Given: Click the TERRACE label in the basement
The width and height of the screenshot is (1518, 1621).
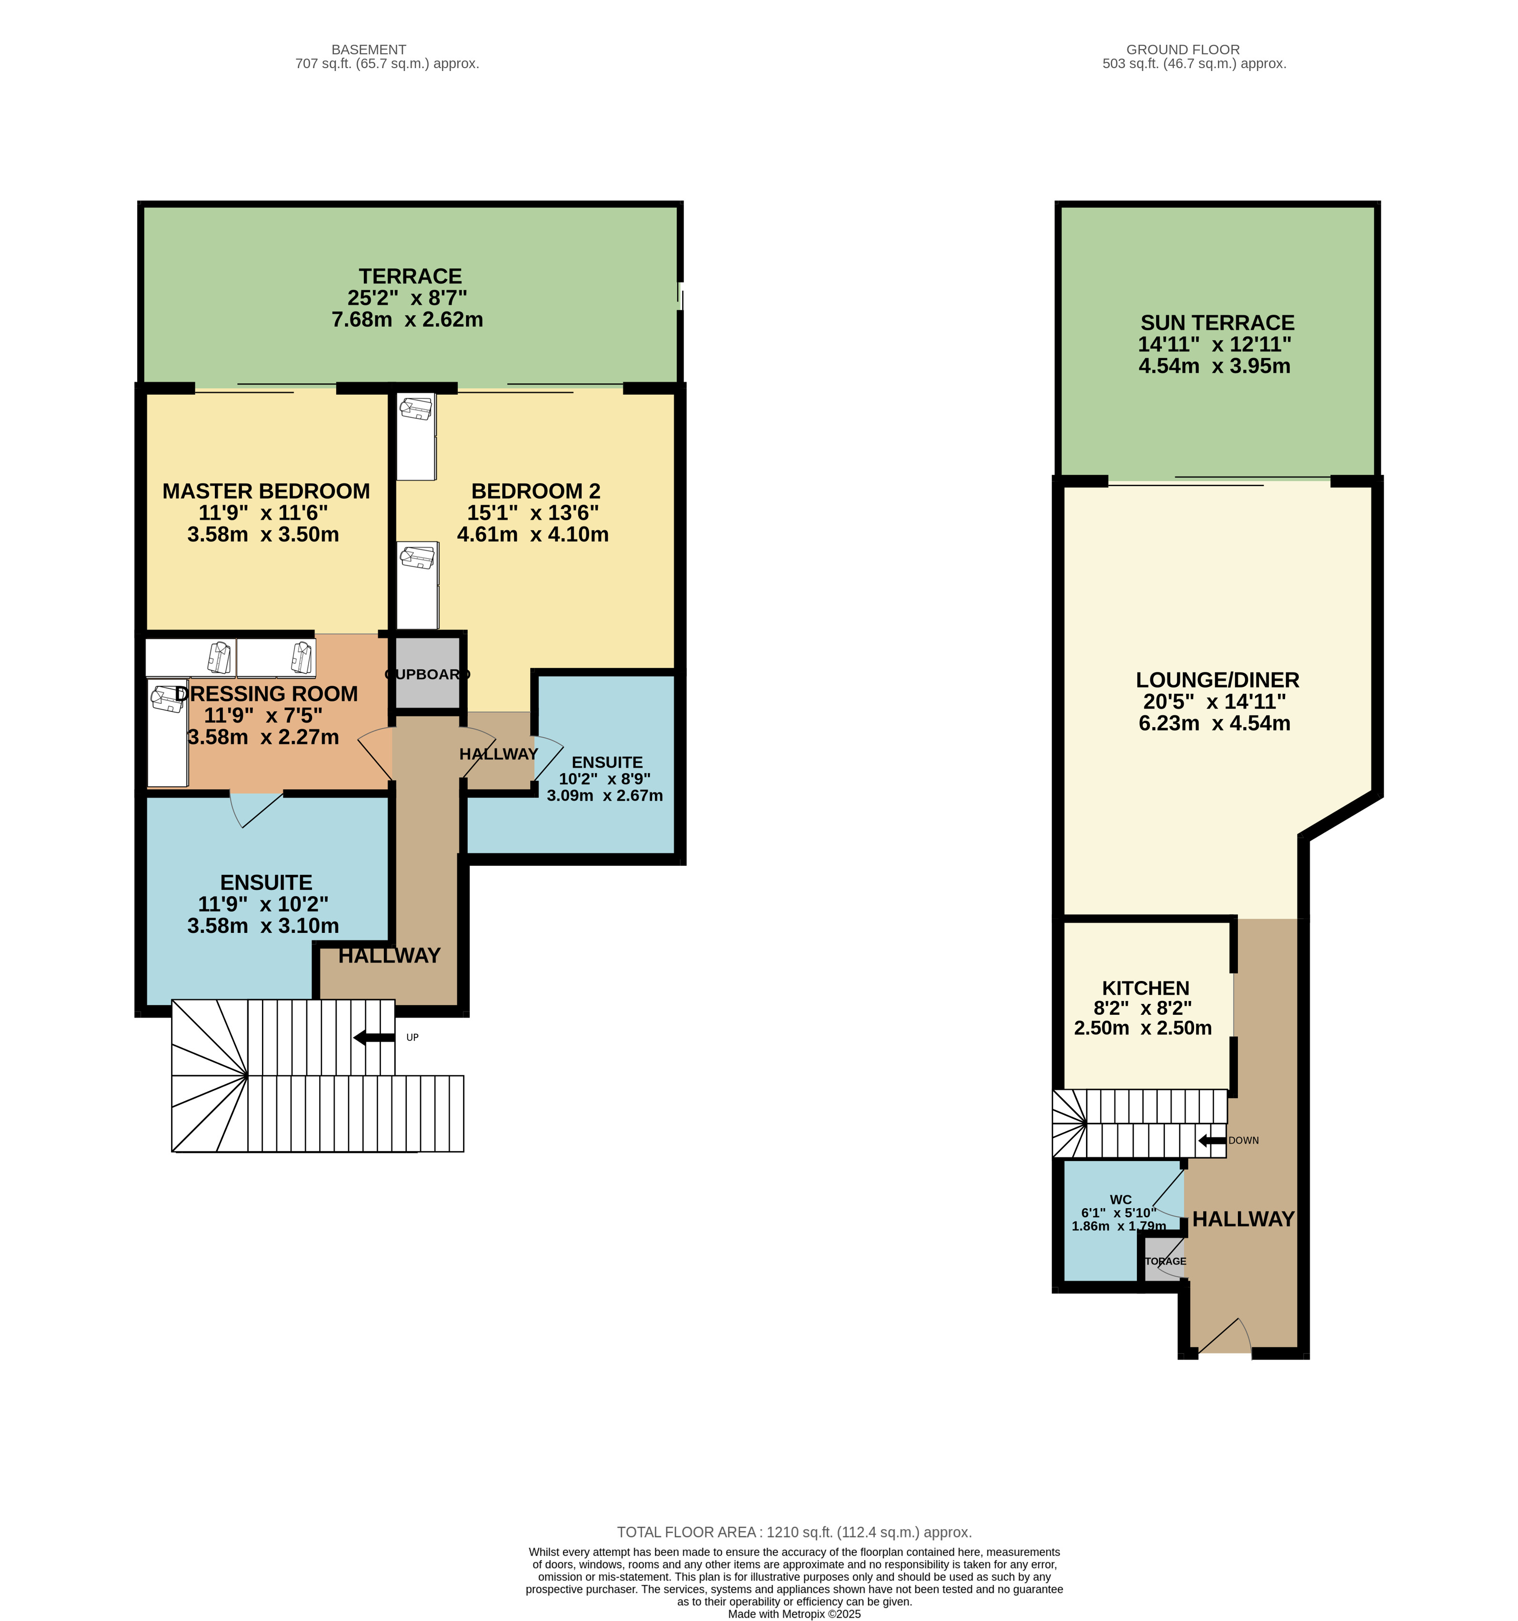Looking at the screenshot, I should pos(410,276).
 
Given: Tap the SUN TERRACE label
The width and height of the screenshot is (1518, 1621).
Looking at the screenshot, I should pos(1217,323).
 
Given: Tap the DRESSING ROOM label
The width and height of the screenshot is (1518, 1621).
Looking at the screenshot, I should pos(266,694).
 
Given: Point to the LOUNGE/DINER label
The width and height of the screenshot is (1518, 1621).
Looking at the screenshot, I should pos(1217,680).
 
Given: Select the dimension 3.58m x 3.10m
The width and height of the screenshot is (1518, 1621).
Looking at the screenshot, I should pos(262,926).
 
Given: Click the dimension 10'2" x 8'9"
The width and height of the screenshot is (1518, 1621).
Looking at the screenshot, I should pos(604,779).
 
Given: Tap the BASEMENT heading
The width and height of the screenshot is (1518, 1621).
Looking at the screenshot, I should pos(369,50).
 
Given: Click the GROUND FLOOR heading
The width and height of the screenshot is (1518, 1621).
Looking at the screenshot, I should pos(1183,50).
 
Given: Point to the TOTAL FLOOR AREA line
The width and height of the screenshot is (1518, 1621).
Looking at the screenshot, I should pos(794,1532).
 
